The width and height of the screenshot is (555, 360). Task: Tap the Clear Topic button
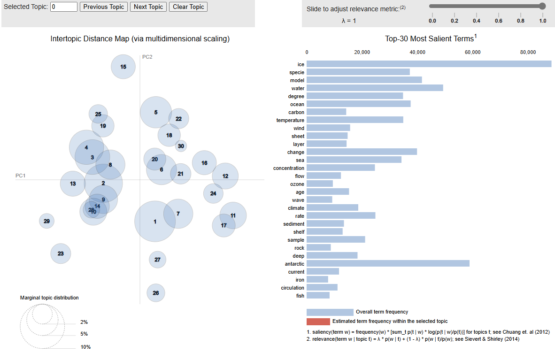click(x=188, y=7)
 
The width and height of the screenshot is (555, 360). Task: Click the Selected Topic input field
click(x=64, y=7)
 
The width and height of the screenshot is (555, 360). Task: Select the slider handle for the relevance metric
click(x=542, y=6)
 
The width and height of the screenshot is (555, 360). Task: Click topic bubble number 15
click(x=123, y=67)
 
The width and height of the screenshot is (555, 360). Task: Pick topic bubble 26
click(x=156, y=293)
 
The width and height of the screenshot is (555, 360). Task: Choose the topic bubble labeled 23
click(x=61, y=253)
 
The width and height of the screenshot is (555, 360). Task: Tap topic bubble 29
click(x=46, y=221)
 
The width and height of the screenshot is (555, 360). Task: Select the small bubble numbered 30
click(x=181, y=146)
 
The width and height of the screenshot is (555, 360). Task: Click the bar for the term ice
click(x=429, y=64)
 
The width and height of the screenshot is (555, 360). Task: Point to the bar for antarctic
click(x=388, y=264)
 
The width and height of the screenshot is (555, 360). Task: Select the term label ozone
click(x=297, y=184)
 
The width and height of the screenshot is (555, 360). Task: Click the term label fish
click(x=300, y=296)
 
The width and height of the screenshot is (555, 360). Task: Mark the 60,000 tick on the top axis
click(x=472, y=52)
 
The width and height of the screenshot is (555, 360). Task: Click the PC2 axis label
click(x=147, y=57)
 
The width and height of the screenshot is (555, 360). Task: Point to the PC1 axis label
click(x=20, y=176)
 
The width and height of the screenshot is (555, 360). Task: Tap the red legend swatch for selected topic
click(x=318, y=322)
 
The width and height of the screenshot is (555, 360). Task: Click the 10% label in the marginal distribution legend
click(x=85, y=347)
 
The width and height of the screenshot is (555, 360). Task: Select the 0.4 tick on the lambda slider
click(x=477, y=21)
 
